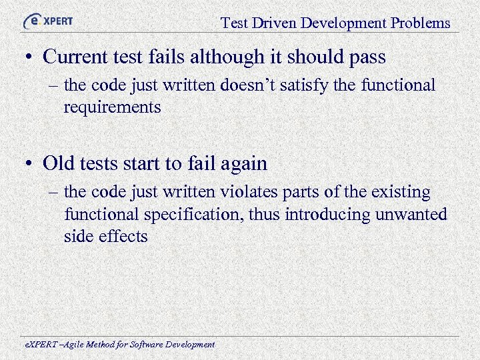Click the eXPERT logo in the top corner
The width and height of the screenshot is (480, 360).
47,21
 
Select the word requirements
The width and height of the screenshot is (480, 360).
112,107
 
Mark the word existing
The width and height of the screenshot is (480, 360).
399,192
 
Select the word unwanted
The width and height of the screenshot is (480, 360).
415,215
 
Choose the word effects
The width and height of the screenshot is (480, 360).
124,237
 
